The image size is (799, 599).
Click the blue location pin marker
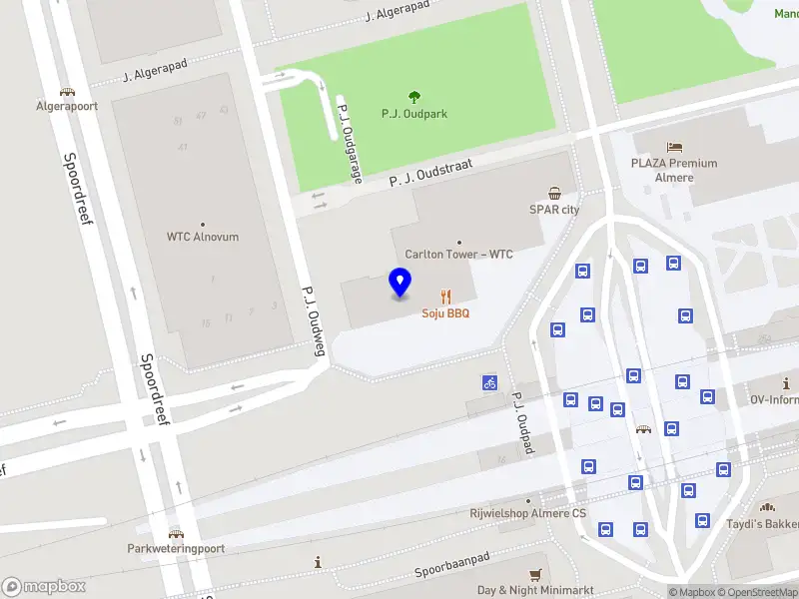399,283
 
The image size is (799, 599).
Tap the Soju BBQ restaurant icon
445,297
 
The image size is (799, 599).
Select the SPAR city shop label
554,210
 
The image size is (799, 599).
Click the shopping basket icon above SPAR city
554,193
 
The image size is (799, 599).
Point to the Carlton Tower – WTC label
458,255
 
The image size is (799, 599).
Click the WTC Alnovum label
202,237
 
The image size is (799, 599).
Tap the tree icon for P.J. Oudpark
414,97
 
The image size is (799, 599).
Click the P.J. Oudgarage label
350,144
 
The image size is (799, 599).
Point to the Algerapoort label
67,106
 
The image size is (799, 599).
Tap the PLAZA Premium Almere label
674,170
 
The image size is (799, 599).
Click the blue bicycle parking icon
489,382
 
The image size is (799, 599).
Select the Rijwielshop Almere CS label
527,513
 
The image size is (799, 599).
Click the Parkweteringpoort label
176,548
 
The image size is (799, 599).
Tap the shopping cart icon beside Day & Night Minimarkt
536,574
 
